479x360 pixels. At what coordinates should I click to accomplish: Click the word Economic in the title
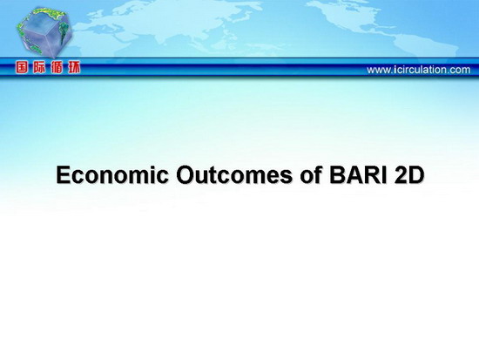pos(112,175)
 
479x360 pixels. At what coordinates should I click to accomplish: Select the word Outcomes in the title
pos(234,175)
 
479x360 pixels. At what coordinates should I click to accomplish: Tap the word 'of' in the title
pos(310,174)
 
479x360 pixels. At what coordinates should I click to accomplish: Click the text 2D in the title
pos(409,175)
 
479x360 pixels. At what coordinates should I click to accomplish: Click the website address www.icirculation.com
pos(419,70)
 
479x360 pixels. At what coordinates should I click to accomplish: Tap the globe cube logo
pos(44,33)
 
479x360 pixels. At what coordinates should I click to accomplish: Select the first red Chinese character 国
pos(22,67)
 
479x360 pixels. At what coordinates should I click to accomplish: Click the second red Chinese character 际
pos(39,67)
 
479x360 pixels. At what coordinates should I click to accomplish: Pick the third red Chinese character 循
pos(57,67)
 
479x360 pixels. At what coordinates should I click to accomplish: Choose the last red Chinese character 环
pos(74,67)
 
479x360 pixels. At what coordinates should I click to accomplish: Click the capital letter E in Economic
pos(63,175)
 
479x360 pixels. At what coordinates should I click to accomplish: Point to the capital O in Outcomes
pos(186,175)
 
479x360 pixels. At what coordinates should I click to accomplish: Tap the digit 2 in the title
pos(401,175)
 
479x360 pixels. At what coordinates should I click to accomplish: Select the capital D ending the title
pos(417,175)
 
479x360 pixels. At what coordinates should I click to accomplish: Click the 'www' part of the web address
pos(378,71)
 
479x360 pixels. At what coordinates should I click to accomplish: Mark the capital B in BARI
pos(336,175)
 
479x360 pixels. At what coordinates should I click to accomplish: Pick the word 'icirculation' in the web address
pos(419,70)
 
